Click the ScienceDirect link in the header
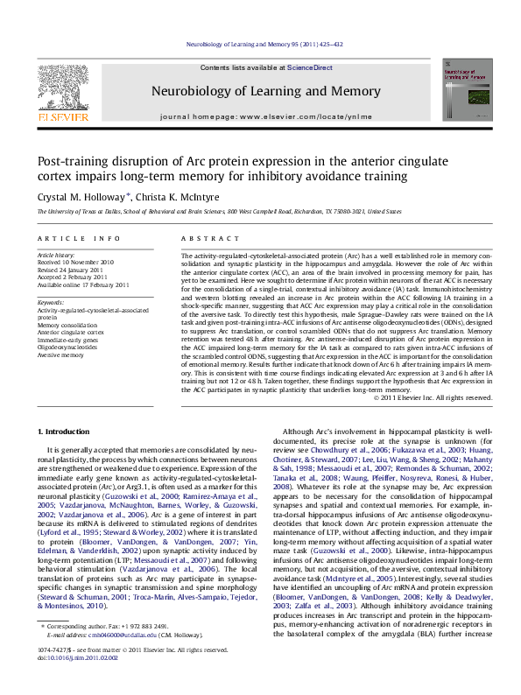[310, 68]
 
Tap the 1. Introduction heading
[67, 432]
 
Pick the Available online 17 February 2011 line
[84, 284]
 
